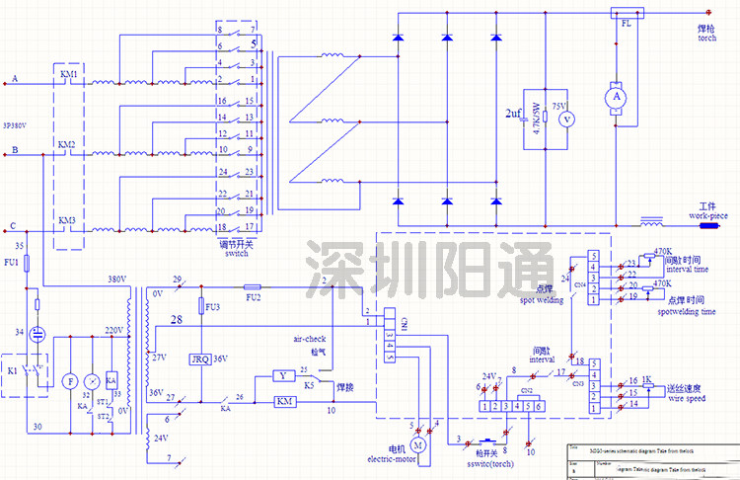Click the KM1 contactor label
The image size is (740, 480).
69,75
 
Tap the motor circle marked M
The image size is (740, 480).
417,446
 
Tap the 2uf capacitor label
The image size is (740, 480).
513,114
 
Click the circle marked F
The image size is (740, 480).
70,380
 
